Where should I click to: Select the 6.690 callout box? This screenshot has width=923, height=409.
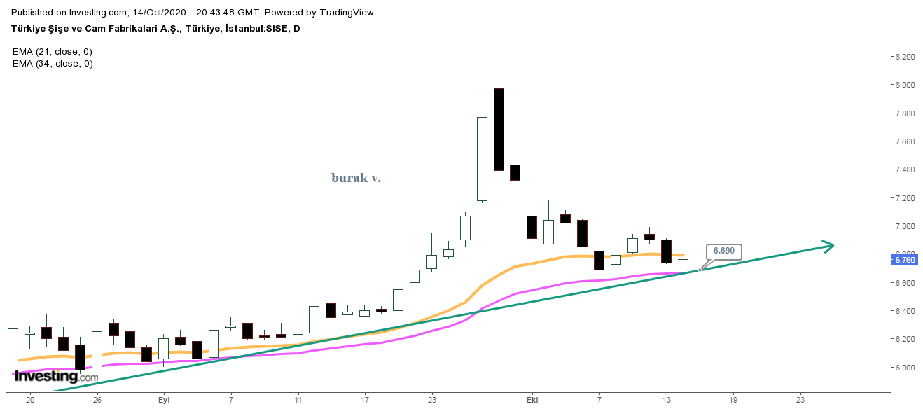[x=723, y=251]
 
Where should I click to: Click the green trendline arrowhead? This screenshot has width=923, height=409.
[x=828, y=246]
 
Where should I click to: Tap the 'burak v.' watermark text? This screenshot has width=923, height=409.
[x=356, y=178]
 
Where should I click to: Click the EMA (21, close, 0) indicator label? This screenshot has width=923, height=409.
[x=53, y=52]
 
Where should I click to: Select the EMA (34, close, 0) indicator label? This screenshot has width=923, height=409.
[x=53, y=63]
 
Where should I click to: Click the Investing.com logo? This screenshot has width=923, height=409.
[x=56, y=376]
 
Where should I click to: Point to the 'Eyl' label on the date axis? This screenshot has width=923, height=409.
[x=165, y=400]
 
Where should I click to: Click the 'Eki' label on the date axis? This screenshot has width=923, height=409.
[x=532, y=400]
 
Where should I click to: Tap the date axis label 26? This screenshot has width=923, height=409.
[x=97, y=400]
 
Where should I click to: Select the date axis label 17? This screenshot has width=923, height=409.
[x=365, y=400]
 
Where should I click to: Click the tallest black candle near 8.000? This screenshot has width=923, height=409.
[x=499, y=130]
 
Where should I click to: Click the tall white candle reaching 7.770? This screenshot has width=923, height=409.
[x=482, y=159]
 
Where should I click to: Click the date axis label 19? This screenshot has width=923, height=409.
[x=733, y=400]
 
